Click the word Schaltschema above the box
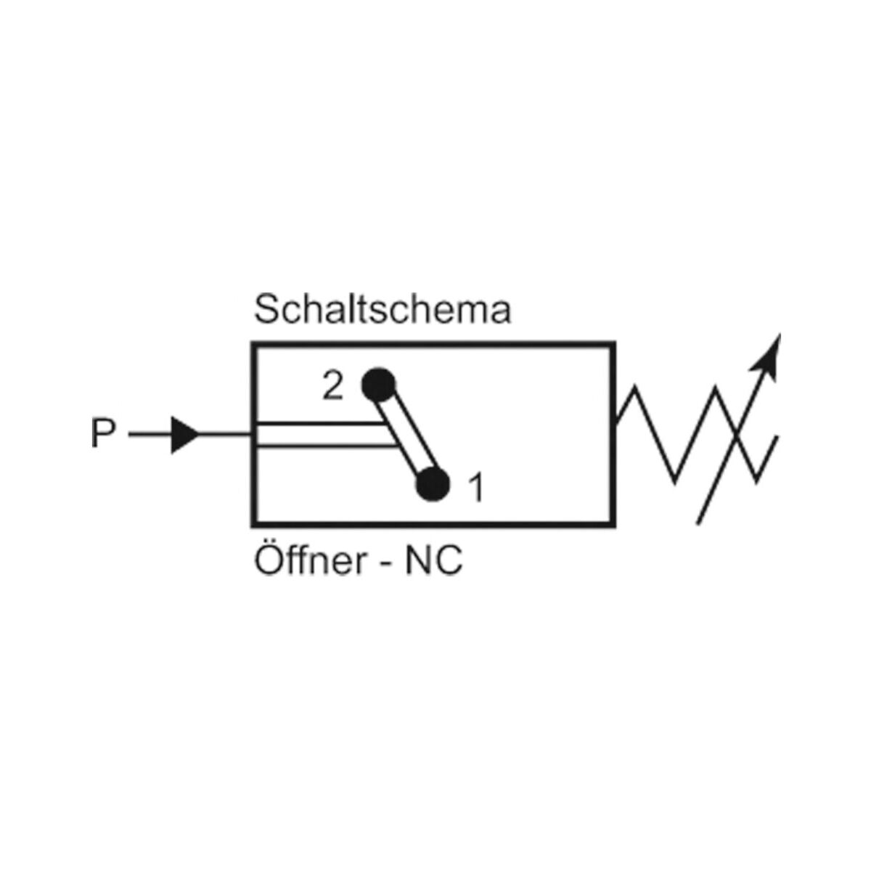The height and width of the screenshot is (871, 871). tap(383, 311)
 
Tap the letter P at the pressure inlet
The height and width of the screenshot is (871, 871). tap(103, 435)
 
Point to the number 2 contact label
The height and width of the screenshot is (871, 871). tap(332, 388)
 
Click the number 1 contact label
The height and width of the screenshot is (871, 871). tap(475, 488)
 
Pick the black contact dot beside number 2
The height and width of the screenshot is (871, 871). tap(379, 385)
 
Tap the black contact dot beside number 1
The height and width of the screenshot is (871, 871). tap(433, 483)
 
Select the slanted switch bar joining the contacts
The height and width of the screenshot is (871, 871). tap(407, 435)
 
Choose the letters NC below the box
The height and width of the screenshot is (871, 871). tap(434, 563)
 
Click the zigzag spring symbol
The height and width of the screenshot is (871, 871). tap(697, 435)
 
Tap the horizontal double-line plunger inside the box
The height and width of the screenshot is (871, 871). tap(319, 435)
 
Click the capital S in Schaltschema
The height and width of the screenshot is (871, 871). tap(266, 311)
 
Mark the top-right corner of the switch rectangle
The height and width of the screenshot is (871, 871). tap(615, 344)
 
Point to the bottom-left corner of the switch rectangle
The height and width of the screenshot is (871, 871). tap(253, 523)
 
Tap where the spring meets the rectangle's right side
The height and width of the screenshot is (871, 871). tap(616, 421)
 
